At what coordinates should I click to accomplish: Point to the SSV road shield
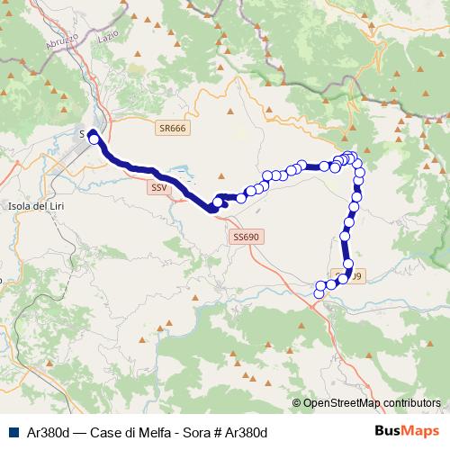tap(159, 188)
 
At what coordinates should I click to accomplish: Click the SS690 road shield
tap(245, 237)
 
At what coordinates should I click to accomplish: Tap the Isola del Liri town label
tap(34, 206)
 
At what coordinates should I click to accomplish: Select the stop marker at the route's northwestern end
tap(93, 139)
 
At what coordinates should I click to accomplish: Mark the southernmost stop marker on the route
tap(319, 292)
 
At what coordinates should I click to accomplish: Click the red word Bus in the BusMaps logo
tap(388, 431)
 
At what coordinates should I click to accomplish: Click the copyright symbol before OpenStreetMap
tap(297, 403)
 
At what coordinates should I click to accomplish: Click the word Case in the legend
tap(102, 432)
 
